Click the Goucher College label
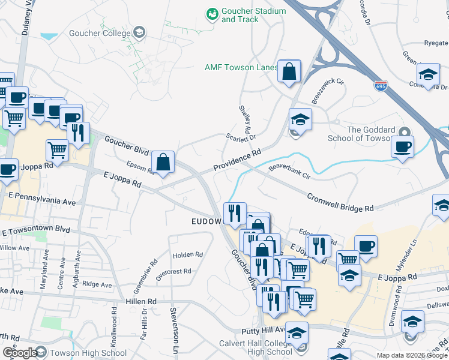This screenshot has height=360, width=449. (100, 32)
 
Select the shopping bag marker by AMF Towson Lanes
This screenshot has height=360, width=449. (289, 72)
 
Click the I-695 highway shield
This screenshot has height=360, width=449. (380, 86)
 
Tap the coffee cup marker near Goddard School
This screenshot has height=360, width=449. (402, 146)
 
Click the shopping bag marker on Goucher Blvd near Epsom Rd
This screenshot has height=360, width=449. (163, 162)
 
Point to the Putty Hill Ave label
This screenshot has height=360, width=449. (264, 330)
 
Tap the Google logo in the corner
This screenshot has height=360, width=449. (19, 353)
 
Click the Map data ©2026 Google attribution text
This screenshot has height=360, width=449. (411, 355)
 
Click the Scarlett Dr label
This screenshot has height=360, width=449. (241, 137)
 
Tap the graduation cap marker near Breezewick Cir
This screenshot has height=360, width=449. (300, 119)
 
